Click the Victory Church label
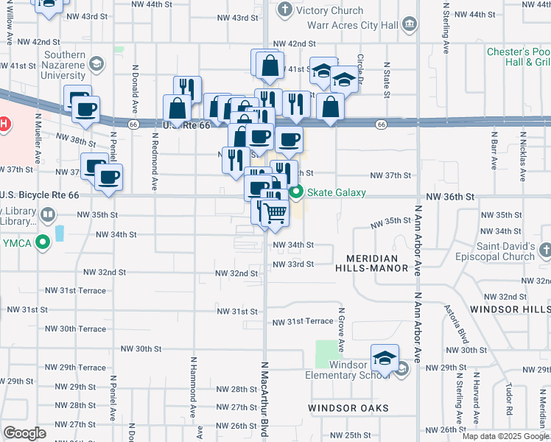329,10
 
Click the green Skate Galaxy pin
297,193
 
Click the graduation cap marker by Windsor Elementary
385,359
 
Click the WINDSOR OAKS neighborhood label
348,407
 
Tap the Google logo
24,432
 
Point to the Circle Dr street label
361,63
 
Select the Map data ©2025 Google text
505,436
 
